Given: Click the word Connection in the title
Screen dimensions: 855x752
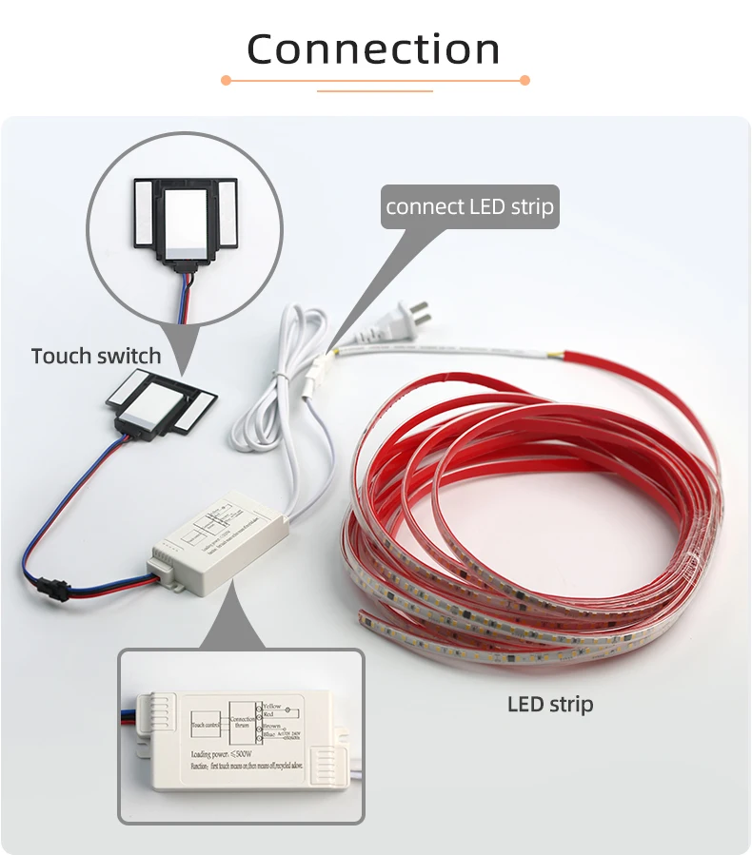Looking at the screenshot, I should pos(373,49).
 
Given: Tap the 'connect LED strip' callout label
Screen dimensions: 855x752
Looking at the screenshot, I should pos(469,206).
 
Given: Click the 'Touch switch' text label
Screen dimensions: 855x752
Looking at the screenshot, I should pos(96,356).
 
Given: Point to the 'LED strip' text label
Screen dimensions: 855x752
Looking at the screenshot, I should pos(549,705).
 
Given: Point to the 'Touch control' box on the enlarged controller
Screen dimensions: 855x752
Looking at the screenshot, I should pos(207,725).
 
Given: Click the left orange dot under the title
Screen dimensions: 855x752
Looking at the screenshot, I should pos(226,81).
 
